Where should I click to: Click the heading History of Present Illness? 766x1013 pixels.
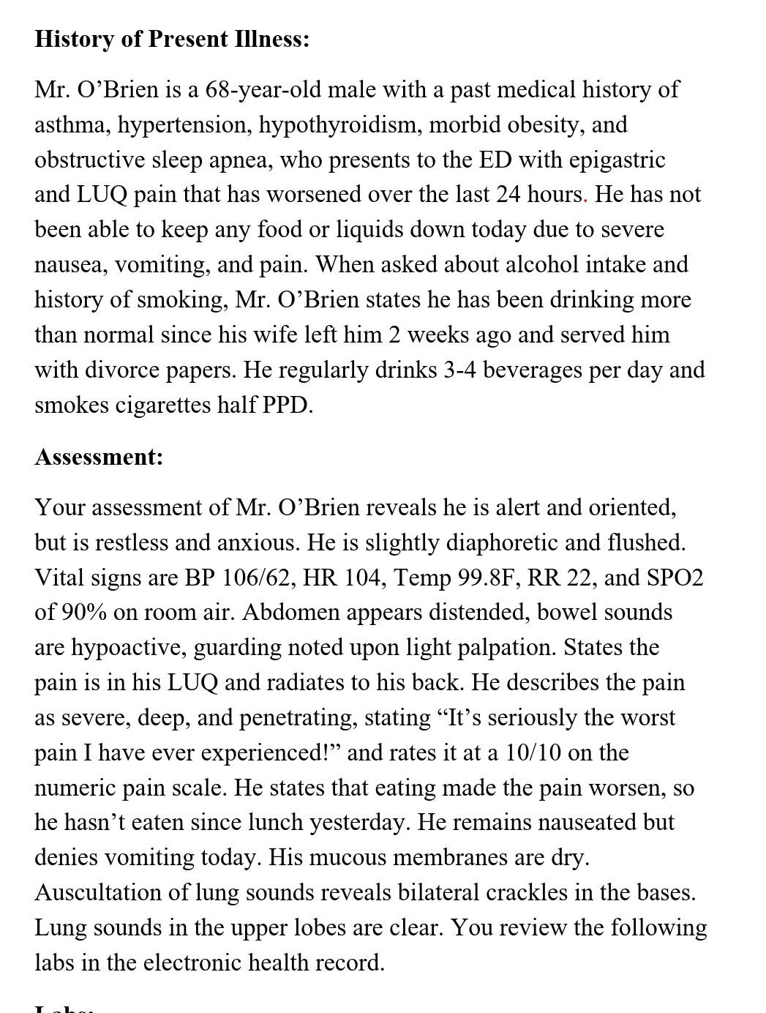click(x=172, y=39)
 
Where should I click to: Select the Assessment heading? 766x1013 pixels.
click(x=99, y=457)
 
